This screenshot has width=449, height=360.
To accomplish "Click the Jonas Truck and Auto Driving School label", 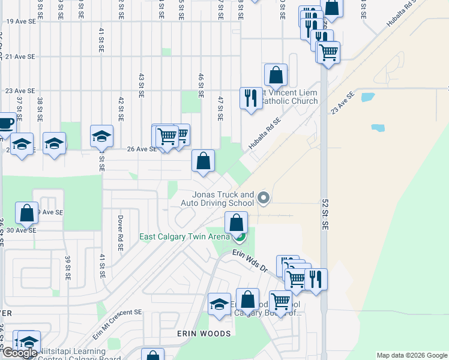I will tap(223, 199).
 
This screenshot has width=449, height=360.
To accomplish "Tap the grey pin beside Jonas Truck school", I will tap(262, 197).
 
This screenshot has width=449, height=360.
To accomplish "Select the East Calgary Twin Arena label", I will tap(185, 236).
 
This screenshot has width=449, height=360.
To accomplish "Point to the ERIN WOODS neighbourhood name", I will tap(203, 333).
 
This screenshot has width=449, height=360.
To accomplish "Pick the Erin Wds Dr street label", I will tap(249, 262).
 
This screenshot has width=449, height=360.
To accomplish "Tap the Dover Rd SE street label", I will tap(120, 233).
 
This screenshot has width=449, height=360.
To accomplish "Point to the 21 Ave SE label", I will tap(20, 56).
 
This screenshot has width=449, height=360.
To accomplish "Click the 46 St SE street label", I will tap(201, 86).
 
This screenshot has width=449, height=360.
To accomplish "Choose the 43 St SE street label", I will tap(142, 86).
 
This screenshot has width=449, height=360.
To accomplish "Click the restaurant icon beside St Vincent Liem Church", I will tap(250, 97).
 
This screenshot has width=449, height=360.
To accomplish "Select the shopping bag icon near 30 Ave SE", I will tap(27, 212).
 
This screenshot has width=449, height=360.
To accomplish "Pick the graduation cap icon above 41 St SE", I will tap(102, 136).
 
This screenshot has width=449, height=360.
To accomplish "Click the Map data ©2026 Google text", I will tap(411, 355).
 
